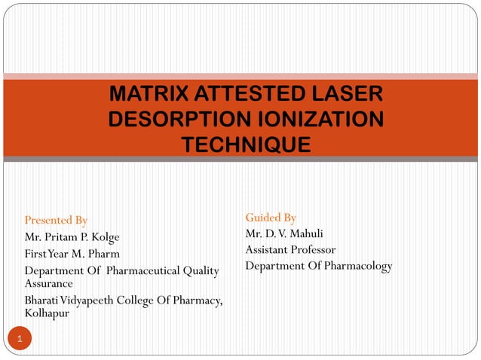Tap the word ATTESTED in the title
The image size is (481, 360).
(x=243, y=95)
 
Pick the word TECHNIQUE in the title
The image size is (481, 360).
(x=246, y=144)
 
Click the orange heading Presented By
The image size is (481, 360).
(x=56, y=221)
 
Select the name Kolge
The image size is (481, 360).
(x=105, y=237)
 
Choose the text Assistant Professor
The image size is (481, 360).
(x=290, y=249)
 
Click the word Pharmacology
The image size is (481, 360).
(x=360, y=266)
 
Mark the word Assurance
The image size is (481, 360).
(x=48, y=284)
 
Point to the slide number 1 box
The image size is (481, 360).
(x=20, y=340)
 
